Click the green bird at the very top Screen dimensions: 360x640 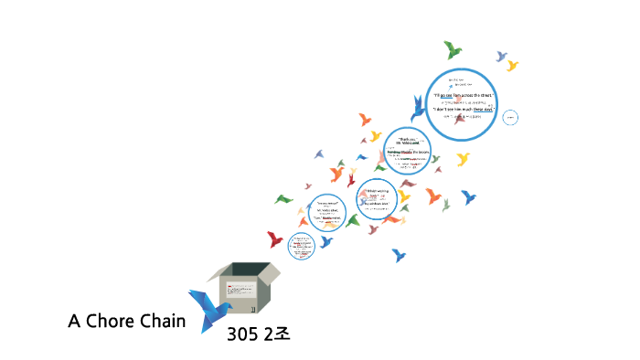[452, 48]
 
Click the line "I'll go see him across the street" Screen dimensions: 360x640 [464, 95]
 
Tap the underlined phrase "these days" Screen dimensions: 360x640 [483, 110]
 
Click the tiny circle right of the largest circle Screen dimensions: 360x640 [511, 116]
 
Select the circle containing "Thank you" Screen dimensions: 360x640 [407, 150]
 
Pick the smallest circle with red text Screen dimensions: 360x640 [302, 244]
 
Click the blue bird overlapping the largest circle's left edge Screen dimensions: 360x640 [419, 109]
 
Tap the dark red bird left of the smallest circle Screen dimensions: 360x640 [274, 239]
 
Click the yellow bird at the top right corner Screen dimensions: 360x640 [512, 65]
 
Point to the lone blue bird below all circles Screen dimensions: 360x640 [398, 255]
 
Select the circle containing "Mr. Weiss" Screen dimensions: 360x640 [329, 212]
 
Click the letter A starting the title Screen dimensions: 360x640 [74, 322]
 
